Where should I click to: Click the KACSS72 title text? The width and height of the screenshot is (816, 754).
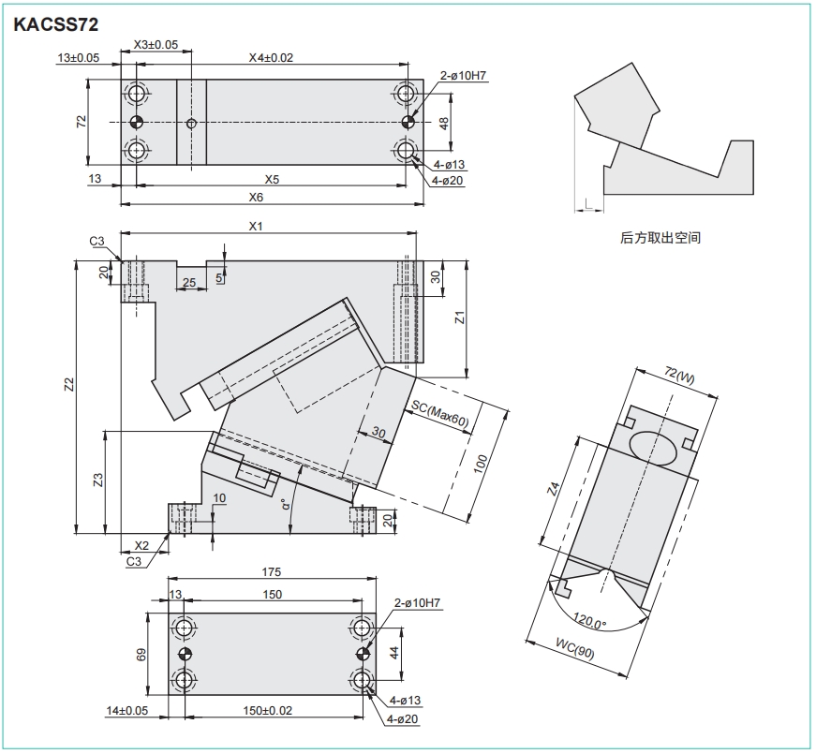click(55, 24)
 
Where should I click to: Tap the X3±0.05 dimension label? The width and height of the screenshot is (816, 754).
click(156, 45)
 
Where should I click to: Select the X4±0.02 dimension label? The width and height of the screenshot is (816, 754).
click(271, 58)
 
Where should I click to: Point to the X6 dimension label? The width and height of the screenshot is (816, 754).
click(256, 198)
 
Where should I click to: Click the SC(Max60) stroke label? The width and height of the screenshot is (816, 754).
click(440, 416)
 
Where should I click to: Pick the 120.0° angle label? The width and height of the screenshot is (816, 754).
click(590, 621)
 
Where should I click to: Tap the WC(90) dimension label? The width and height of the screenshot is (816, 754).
click(574, 648)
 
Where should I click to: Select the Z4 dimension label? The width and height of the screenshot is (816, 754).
click(555, 489)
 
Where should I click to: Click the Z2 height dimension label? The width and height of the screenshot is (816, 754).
click(69, 385)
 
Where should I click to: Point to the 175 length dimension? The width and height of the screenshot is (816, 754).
click(271, 572)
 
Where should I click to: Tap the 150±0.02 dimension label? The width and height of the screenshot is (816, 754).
click(268, 710)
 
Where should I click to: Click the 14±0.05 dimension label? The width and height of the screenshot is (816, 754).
click(127, 710)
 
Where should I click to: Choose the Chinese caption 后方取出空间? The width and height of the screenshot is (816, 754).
click(660, 238)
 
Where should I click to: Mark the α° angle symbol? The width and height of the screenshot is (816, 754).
click(285, 504)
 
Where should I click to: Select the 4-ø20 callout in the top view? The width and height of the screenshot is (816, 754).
click(447, 181)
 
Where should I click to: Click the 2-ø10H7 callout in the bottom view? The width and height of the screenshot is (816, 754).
click(417, 603)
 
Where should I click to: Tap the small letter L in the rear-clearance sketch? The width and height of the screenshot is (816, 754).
click(588, 203)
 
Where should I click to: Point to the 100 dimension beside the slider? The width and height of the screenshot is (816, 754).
click(481, 464)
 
